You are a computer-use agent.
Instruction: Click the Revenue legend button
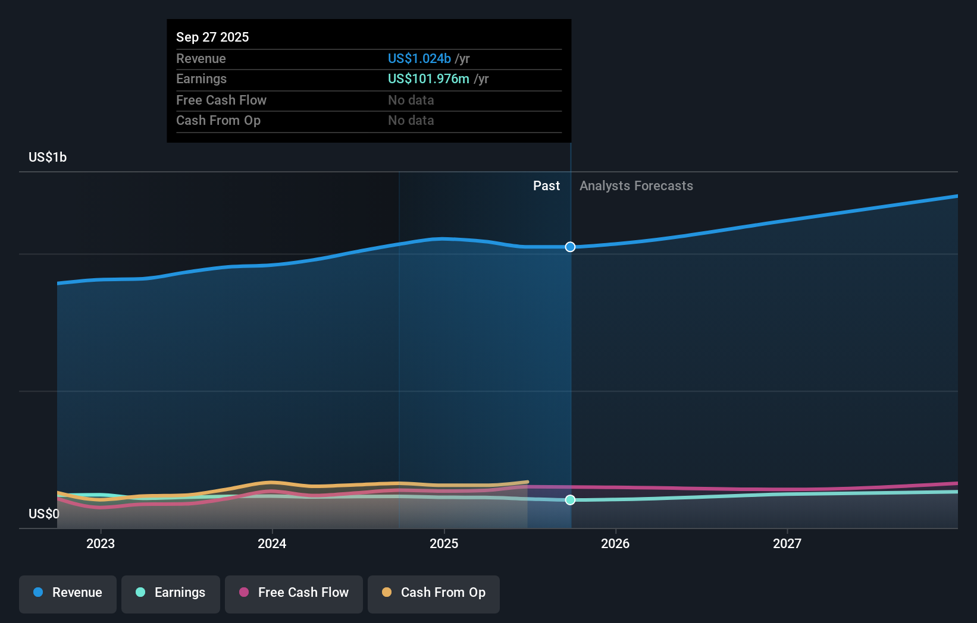click(68, 593)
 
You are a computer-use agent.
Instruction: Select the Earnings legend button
click(171, 593)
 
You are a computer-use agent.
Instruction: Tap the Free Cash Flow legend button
click(294, 593)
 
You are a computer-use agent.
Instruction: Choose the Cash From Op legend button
click(434, 593)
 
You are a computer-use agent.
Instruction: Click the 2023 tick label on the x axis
click(101, 543)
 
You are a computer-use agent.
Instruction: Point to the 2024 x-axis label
click(272, 543)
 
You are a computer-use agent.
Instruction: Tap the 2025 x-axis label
click(444, 543)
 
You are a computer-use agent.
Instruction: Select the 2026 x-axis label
click(615, 543)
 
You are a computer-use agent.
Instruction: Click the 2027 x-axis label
click(787, 543)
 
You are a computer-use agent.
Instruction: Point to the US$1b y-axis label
click(48, 158)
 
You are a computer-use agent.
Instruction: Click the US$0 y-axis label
click(44, 514)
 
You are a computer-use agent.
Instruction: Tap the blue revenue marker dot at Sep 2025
click(570, 247)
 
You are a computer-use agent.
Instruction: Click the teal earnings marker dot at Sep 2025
click(570, 500)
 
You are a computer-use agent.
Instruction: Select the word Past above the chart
click(546, 186)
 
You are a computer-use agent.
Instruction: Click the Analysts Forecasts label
click(636, 186)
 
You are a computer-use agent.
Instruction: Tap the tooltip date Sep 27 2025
click(212, 37)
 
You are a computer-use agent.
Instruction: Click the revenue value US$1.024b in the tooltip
click(419, 59)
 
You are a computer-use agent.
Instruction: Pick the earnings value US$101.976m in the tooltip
click(428, 79)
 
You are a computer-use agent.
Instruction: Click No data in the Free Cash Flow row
click(411, 100)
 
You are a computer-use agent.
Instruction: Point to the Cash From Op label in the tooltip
click(218, 121)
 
